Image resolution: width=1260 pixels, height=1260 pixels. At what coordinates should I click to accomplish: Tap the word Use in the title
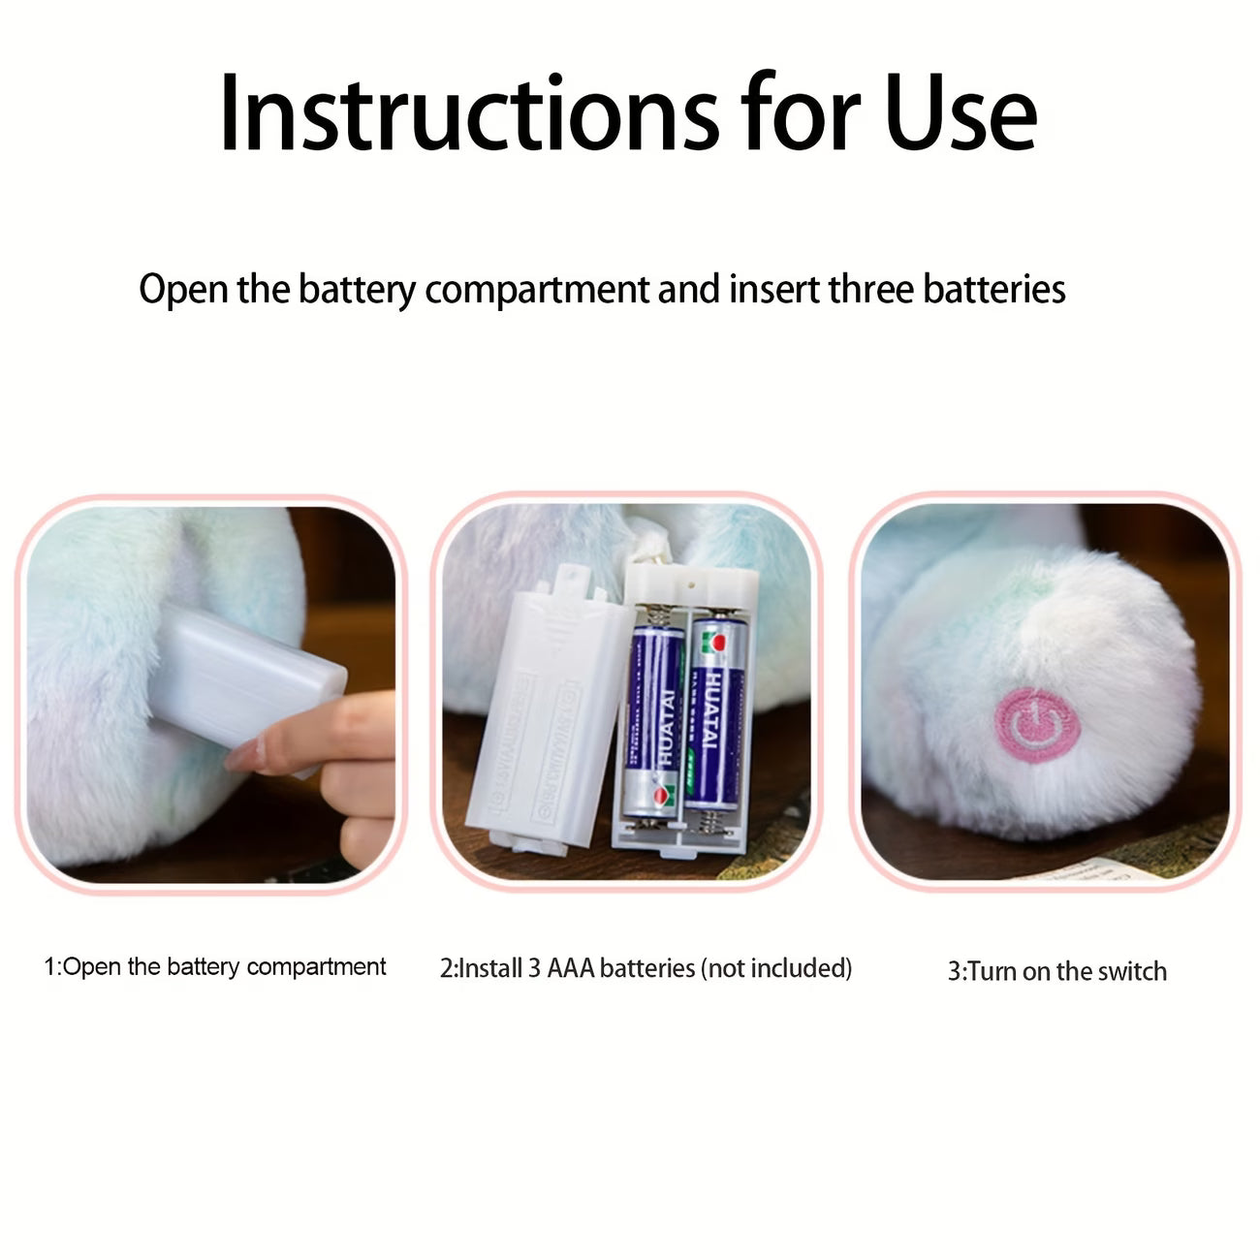[x=960, y=114]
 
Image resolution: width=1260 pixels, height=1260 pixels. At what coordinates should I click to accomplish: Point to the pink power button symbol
[x=1035, y=724]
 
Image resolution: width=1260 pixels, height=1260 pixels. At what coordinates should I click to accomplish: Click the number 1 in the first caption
[x=50, y=967]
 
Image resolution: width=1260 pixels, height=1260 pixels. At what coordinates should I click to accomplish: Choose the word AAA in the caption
[x=571, y=968]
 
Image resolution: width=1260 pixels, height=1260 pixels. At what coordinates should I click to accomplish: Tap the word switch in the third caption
[x=1132, y=971]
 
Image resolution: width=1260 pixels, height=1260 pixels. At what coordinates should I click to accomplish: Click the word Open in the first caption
[x=92, y=967]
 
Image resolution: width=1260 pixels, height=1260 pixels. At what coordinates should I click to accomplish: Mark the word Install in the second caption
[x=490, y=968]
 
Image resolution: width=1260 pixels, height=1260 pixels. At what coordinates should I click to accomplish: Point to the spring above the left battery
[x=656, y=614]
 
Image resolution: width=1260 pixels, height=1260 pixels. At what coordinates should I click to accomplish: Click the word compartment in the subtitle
[x=537, y=289]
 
